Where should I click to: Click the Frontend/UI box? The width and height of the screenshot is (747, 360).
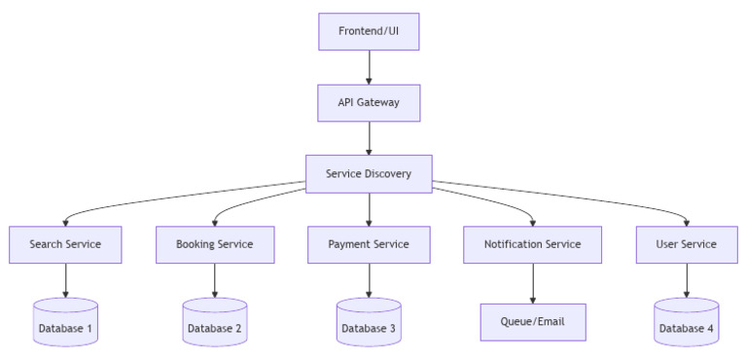tap(369, 30)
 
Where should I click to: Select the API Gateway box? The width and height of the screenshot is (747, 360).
tap(369, 102)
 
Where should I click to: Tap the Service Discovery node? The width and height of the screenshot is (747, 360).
tap(369, 174)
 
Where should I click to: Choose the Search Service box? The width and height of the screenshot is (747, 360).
tap(65, 244)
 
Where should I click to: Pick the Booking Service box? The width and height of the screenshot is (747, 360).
tap(214, 244)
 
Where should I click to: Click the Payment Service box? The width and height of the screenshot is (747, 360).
tap(369, 244)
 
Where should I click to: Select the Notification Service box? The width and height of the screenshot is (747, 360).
tap(533, 244)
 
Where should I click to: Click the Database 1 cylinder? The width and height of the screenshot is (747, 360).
tap(65, 323)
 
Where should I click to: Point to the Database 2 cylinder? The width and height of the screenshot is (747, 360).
tap(214, 323)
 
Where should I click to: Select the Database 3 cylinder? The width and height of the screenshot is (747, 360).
tap(369, 323)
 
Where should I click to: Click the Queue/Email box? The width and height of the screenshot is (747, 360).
tap(533, 321)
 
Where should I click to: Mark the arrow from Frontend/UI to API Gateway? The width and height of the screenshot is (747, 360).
tap(369, 66)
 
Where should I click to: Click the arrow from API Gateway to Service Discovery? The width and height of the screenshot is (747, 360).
tap(369, 138)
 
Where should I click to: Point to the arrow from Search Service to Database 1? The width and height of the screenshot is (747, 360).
tap(65, 280)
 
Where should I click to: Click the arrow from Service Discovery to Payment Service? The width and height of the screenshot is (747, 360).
tap(369, 209)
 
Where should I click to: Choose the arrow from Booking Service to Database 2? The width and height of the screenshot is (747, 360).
tap(214, 280)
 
